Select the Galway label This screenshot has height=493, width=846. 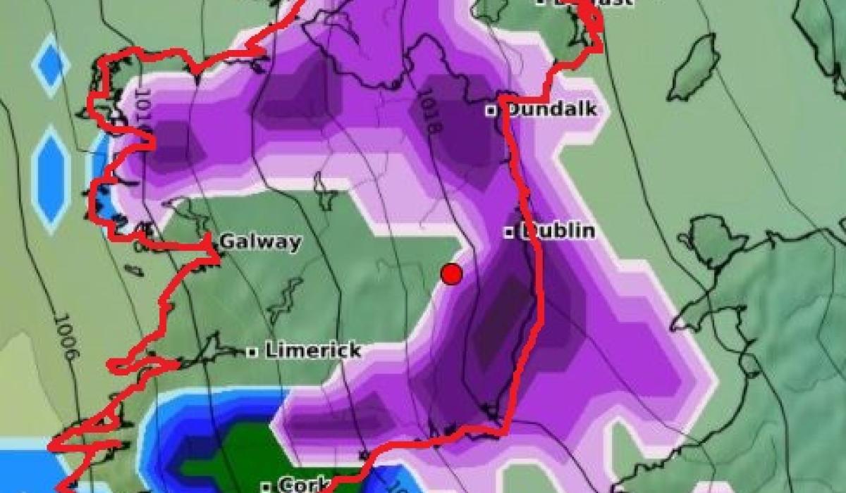pos(260,242)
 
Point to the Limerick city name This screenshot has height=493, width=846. pos(313,350)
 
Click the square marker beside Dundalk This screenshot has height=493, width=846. pos(491,110)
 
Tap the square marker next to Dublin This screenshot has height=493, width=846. pos(508,232)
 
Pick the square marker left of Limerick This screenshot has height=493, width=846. pos(252,351)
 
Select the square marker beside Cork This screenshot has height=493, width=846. pos(266,486)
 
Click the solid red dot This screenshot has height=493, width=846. pos(452,273)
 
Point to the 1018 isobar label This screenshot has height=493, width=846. pos(431,113)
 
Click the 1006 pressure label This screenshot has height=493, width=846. pos(64,337)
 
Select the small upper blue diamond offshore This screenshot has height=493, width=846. pos(51,64)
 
